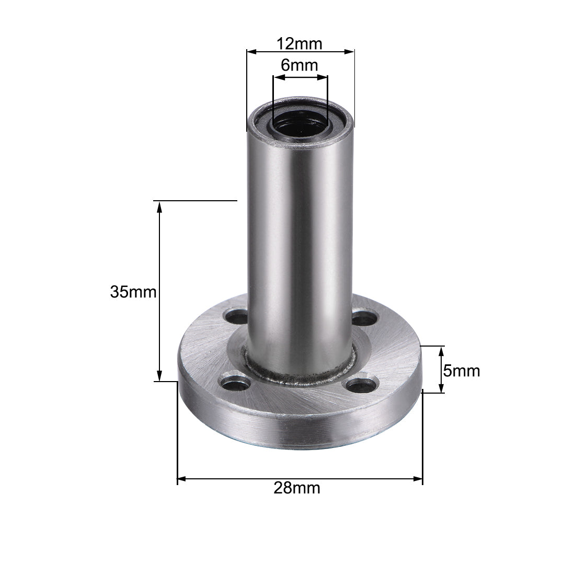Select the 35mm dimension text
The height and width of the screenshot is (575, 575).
click(133, 292)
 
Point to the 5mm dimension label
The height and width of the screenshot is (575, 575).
click(461, 371)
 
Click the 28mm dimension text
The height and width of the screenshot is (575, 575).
click(297, 488)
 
